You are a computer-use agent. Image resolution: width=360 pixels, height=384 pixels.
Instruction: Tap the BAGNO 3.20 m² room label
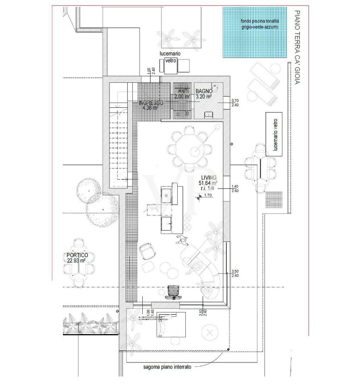(x=203, y=94)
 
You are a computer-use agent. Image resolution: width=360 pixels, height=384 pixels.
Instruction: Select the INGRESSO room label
(x=151, y=105)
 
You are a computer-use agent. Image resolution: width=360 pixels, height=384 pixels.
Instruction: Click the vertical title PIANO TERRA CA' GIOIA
(x=296, y=47)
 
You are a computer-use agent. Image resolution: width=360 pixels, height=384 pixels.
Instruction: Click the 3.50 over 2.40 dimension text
(x=235, y=273)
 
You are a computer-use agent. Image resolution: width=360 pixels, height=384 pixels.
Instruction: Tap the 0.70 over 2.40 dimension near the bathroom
(x=235, y=103)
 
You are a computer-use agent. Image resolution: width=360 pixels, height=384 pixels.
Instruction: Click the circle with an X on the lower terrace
(x=210, y=333)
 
